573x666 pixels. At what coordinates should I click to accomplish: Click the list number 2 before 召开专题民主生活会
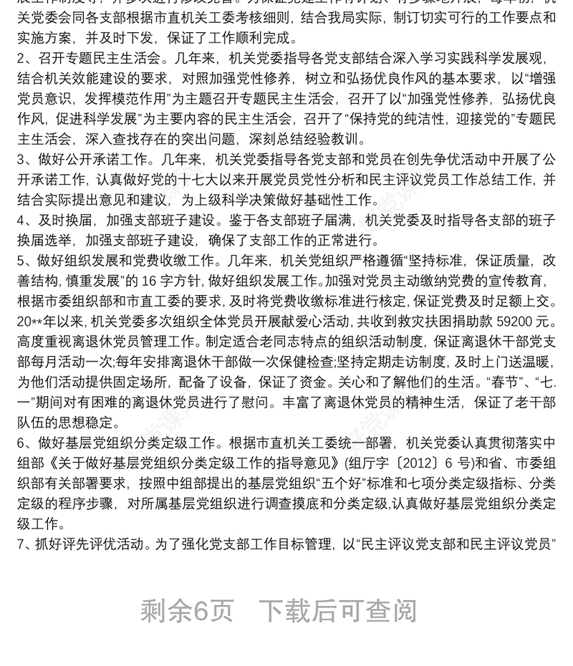pyautogui.click(x=21, y=58)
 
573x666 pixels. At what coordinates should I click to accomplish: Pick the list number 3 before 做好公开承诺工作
pyautogui.click(x=21, y=158)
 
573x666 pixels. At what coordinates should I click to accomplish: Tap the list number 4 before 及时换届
pyautogui.click(x=21, y=219)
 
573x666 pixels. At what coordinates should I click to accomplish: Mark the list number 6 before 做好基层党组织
pyautogui.click(x=21, y=442)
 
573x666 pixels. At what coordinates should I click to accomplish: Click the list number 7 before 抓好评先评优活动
pyautogui.click(x=21, y=544)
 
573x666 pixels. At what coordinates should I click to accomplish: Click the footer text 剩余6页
pyautogui.click(x=187, y=611)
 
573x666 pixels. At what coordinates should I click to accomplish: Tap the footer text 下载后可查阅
pyautogui.click(x=337, y=611)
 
